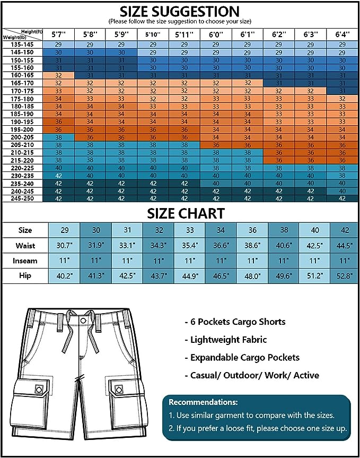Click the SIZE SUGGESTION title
pyautogui.click(x=179, y=11)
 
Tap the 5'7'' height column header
pyautogui.click(x=59, y=34)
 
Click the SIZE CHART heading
pyautogui.click(x=180, y=214)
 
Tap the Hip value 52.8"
pyautogui.click(x=345, y=276)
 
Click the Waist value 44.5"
pyautogui.click(x=345, y=246)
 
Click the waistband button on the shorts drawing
pyautogui.click(x=84, y=321)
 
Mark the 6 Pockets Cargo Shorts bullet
pyautogui.click(x=235, y=322)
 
